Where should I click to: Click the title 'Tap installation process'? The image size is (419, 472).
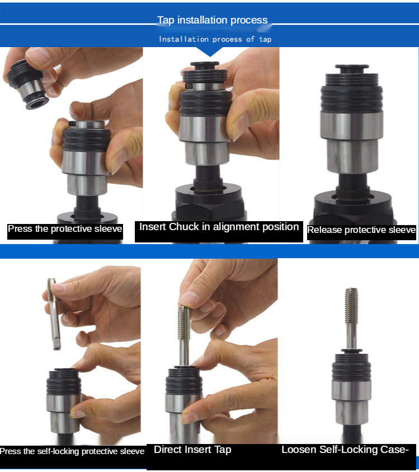pos(212,20)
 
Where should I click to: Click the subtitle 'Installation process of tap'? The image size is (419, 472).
pos(215,39)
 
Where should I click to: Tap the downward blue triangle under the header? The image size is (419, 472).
pos(210,52)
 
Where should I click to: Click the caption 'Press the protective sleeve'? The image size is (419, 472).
pos(65,229)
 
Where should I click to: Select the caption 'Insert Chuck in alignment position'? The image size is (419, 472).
pos(219,227)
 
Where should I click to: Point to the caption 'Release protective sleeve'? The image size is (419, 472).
pos(361,230)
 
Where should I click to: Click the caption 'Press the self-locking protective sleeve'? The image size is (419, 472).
pos(72,451)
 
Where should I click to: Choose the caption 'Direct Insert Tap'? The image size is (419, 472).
pos(192,450)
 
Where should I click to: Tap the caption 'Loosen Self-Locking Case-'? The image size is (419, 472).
pos(345,450)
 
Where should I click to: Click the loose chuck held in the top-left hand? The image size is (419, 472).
pos(27,84)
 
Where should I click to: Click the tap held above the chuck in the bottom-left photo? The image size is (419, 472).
pos(54,314)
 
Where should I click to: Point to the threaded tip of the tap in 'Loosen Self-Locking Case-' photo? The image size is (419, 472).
pos(351,304)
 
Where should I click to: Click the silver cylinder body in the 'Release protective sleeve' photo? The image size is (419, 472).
pos(352,142)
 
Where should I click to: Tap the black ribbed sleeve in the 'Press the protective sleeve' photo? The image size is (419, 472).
pos(87,140)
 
